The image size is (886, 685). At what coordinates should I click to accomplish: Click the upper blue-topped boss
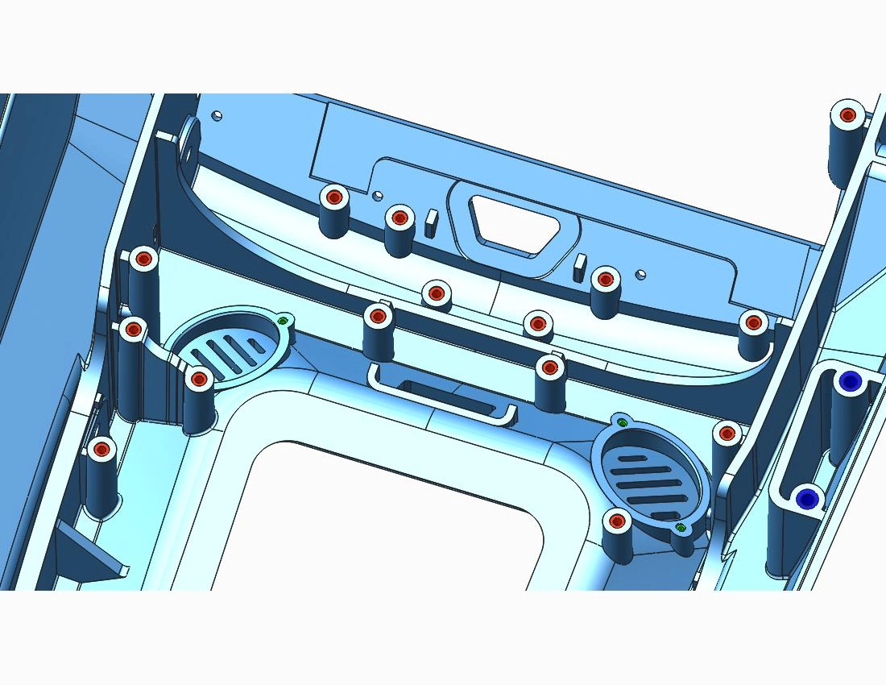[x=848, y=381]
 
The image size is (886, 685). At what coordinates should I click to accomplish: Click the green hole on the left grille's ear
[x=283, y=321]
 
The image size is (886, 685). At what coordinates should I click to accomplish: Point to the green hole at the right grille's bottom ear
[x=681, y=528]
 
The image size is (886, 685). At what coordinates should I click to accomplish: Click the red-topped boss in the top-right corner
[x=847, y=115]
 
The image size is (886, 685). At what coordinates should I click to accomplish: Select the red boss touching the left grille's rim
[x=198, y=377]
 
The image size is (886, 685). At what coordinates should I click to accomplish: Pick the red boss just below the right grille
[x=617, y=521]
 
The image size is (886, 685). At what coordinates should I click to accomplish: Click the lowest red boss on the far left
[x=101, y=449]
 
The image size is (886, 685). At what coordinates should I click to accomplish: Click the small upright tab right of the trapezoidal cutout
[x=578, y=267]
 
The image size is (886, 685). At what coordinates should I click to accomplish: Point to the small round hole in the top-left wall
[x=215, y=115]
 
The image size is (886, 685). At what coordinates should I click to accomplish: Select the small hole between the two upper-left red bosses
[x=376, y=194]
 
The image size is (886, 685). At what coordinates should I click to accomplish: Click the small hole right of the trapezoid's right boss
[x=640, y=274]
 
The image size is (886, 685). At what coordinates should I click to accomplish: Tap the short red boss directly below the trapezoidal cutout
[x=436, y=293]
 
